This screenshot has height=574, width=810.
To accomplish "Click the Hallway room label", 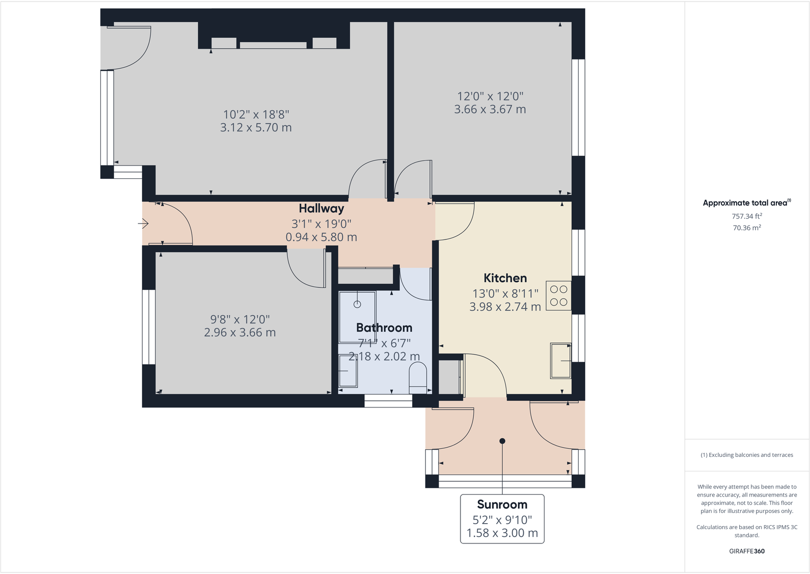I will click(321, 208).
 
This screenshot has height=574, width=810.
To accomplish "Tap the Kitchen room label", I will click(505, 278).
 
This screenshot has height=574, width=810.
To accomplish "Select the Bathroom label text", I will click(384, 328).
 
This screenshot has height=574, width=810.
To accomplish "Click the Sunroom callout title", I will click(502, 505).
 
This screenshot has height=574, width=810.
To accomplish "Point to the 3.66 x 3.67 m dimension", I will click(490, 110).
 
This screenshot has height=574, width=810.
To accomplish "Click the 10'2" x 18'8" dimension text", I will click(256, 115).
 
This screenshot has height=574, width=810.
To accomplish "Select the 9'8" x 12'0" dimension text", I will click(240, 319).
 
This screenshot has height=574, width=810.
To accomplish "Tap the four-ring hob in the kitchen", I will click(558, 296).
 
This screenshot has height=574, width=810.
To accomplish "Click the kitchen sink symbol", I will click(560, 361).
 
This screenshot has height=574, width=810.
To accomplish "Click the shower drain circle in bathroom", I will click(357, 304).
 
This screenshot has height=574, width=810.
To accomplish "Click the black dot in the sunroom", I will click(502, 441).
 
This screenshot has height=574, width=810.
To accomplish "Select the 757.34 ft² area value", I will click(747, 216).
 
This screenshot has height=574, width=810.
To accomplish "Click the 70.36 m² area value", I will click(747, 228).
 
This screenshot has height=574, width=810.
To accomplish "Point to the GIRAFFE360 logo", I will click(747, 551).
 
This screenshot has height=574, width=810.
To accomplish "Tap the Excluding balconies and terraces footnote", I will click(747, 455).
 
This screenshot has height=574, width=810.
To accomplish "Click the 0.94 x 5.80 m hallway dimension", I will click(321, 237).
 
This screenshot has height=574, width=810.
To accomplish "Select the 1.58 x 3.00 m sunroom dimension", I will click(502, 533).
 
